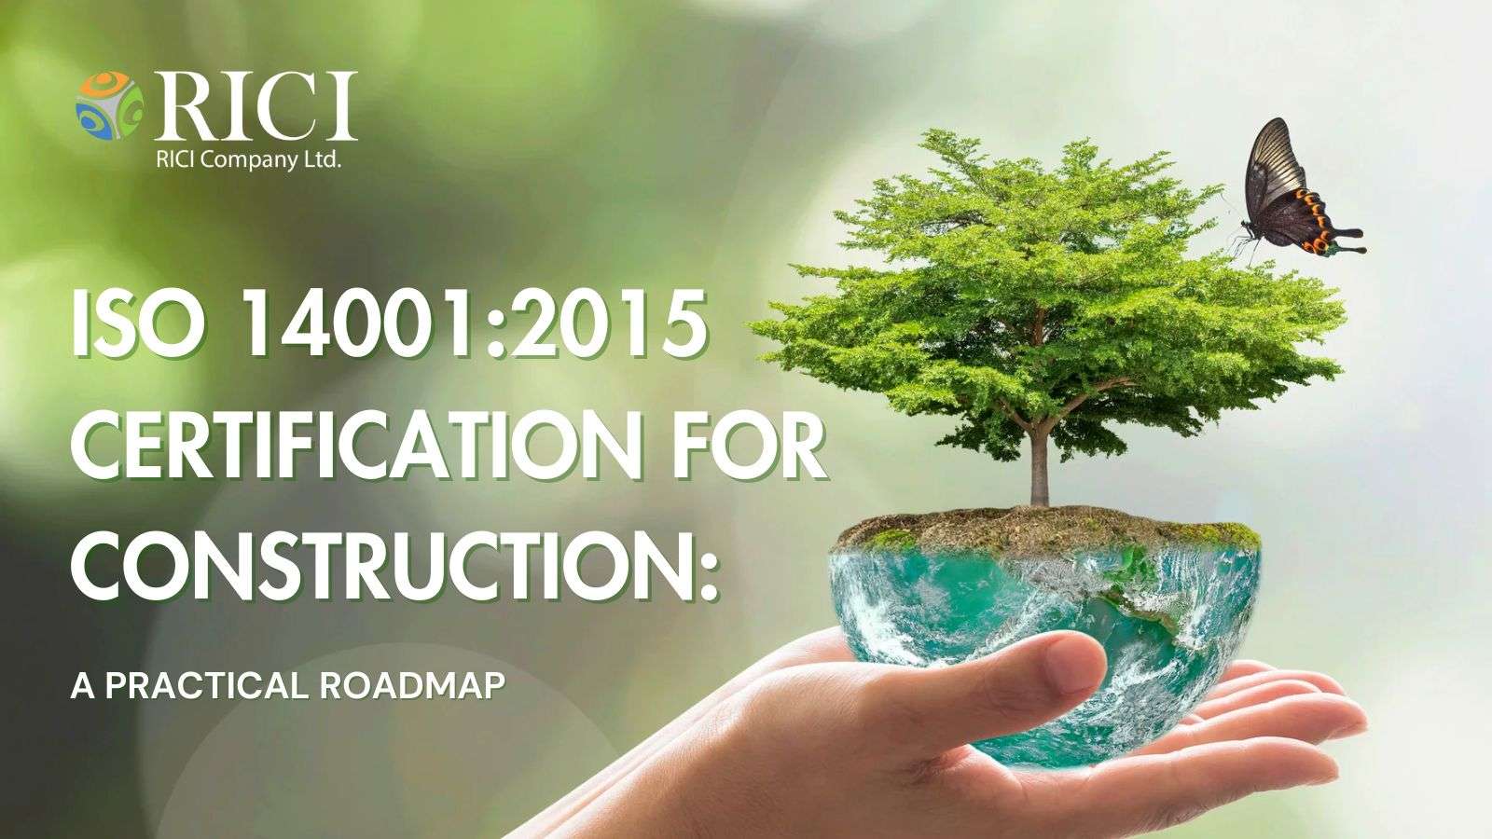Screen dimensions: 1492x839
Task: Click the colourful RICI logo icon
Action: (x=109, y=105)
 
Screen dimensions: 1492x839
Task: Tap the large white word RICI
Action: (x=256, y=106)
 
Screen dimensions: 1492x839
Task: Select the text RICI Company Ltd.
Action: (x=248, y=160)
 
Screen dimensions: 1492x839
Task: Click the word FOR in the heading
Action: (x=752, y=445)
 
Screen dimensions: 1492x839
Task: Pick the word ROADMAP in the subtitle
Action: (x=411, y=686)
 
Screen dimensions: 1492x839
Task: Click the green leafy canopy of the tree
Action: (x=1045, y=293)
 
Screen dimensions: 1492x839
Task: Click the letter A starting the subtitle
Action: (x=83, y=686)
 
